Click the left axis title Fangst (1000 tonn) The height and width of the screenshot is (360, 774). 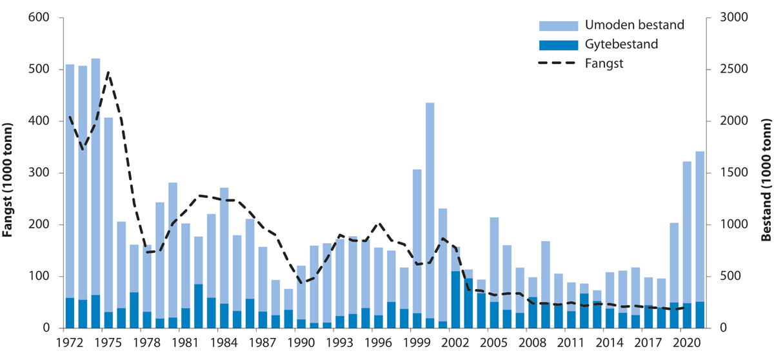tap(10, 173)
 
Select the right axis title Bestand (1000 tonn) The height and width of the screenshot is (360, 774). tap(766, 173)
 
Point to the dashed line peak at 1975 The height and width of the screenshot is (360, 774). tap(108, 72)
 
